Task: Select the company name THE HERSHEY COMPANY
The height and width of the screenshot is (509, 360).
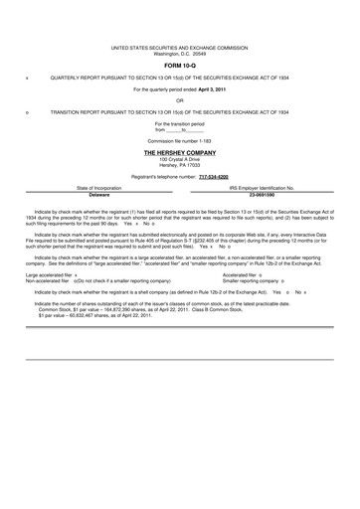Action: point(179,153)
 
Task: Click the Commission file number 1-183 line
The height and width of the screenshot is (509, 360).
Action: point(179,140)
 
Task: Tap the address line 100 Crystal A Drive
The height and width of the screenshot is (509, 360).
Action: point(179,159)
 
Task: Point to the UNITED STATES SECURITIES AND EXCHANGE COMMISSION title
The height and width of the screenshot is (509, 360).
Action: point(179,47)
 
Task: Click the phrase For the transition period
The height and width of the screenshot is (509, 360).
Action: point(179,123)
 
